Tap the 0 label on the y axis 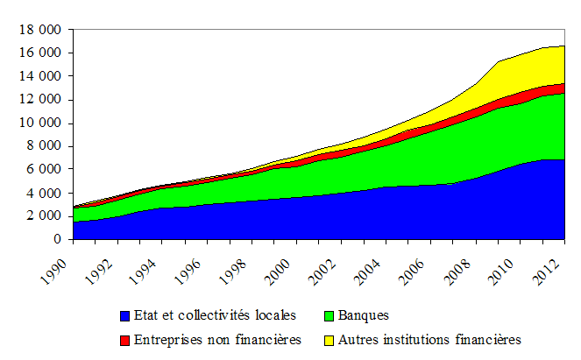pos(56,239)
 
